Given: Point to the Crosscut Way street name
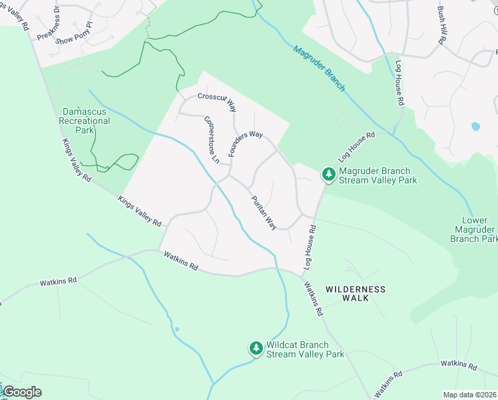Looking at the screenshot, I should tap(216, 101).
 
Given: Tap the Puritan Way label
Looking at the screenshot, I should tap(263, 213).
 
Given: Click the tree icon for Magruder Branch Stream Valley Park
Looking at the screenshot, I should tap(328, 175).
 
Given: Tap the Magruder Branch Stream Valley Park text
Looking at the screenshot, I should tap(377, 175).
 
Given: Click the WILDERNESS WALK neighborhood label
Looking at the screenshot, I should tap(355, 293).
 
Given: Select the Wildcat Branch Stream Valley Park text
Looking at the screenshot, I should tap(305, 349).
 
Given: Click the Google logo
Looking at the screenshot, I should tap(22, 391).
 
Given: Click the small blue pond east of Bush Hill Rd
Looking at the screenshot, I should tap(475, 126).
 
